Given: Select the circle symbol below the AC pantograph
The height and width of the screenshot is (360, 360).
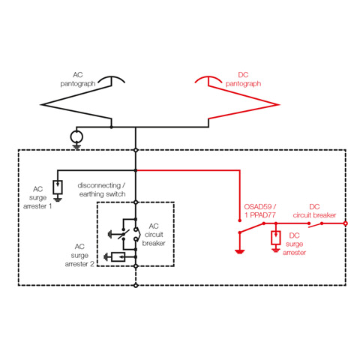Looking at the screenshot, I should point(76,137).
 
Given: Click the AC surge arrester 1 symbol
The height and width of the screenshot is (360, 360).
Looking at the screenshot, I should point(58,186).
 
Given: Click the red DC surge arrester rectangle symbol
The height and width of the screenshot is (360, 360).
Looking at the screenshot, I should point(276,239).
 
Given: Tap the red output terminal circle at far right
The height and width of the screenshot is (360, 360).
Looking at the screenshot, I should point(345,223).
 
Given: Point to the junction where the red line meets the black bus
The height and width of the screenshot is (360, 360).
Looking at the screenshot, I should point(136,170).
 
